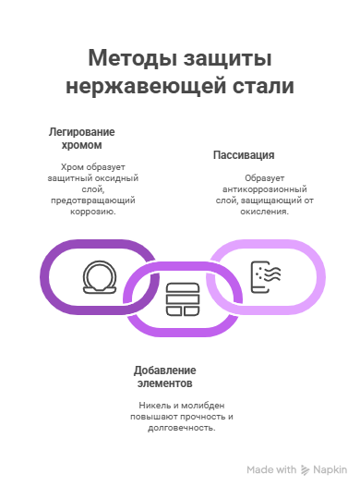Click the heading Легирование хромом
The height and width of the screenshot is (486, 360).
pyautogui.click(x=82, y=139)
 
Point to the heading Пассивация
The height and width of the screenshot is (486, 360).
pyautogui.click(x=244, y=154)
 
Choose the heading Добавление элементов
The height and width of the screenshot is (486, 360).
pyautogui.click(x=165, y=376)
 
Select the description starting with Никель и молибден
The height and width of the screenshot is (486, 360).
pyautogui.click(x=181, y=417)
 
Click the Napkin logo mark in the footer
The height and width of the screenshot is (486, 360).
pyautogui.click(x=306, y=469)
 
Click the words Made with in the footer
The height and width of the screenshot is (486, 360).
pyautogui.click(x=271, y=469)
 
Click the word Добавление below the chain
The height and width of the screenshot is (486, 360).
pyautogui.click(x=165, y=370)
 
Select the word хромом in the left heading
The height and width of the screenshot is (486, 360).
pyautogui.click(x=82, y=145)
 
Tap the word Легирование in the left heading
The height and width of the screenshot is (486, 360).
pyautogui.click(x=82, y=132)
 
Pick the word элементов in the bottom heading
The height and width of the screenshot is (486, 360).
pyautogui.click(x=165, y=383)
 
